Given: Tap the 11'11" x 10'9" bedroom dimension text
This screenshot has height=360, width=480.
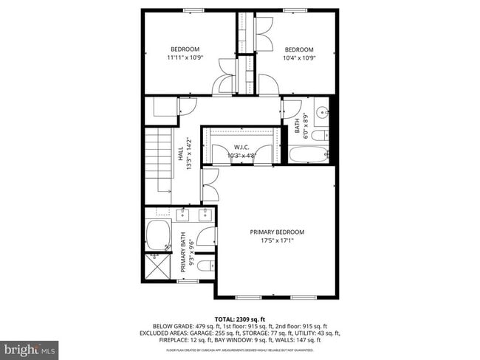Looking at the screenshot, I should point(185,57).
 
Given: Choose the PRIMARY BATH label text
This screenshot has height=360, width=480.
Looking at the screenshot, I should point(183,246).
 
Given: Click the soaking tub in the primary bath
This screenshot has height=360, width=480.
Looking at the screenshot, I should point(158,235).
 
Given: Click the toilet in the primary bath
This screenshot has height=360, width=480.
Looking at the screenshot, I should point(207,266).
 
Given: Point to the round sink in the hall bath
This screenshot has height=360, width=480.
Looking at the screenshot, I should point(323,112).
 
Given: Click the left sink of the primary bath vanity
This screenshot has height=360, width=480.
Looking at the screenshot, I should point(182,215).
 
